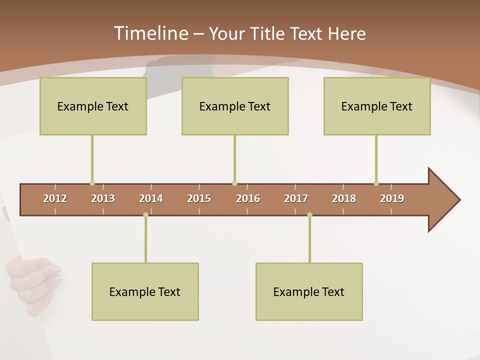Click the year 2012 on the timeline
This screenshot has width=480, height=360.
(55, 198)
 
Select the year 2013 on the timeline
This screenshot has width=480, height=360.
(103, 198)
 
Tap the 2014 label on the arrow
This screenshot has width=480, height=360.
(151, 198)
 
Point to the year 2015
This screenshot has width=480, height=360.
(199, 198)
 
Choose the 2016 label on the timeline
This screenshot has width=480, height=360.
(248, 198)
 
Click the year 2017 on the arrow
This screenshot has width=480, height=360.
(296, 198)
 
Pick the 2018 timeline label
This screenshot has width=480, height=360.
(344, 198)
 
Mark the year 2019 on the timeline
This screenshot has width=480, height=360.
(392, 198)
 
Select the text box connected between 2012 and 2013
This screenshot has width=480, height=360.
(93, 106)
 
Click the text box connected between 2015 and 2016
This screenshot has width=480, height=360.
(235, 106)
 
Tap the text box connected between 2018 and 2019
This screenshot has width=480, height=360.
(377, 106)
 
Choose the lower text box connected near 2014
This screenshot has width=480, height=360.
(145, 291)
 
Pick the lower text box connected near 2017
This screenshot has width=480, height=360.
(309, 291)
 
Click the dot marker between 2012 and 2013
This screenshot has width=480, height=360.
(92, 183)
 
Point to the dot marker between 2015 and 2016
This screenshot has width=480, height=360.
(234, 183)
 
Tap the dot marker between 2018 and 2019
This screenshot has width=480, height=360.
(376, 183)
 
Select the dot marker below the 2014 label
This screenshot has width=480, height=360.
(145, 215)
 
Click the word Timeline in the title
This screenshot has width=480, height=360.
(150, 33)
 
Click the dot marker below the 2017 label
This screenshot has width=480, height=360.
(309, 215)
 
